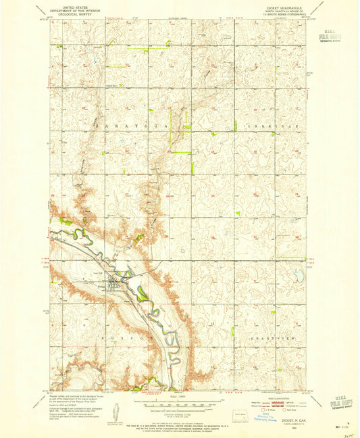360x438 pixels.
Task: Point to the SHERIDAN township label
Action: (x=257, y=126)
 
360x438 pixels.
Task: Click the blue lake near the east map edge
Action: (x=298, y=274)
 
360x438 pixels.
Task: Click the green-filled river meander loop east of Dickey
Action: (x=143, y=293)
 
